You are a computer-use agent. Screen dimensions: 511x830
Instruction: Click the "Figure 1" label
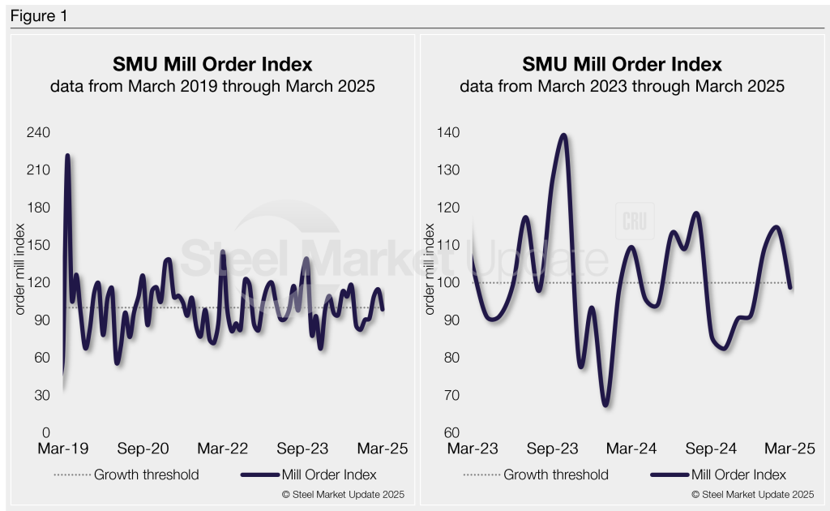[x=39, y=16]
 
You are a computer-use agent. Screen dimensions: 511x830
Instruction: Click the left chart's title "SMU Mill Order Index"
[x=212, y=64]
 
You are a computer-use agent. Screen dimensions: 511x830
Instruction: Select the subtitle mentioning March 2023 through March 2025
[x=622, y=86]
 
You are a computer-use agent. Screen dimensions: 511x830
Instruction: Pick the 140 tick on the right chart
[x=447, y=132]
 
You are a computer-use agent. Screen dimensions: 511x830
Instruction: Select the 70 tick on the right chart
[x=450, y=395]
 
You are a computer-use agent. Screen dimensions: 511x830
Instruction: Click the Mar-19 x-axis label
[x=62, y=449]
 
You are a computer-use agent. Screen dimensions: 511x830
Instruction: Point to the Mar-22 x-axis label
[x=223, y=449]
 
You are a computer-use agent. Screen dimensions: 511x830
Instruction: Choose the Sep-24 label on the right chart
[x=714, y=449]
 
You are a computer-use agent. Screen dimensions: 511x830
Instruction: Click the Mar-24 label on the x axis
[x=632, y=449]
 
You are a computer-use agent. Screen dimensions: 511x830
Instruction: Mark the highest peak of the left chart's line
[x=67, y=155]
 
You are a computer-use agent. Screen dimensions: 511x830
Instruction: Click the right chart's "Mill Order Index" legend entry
[x=738, y=474]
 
